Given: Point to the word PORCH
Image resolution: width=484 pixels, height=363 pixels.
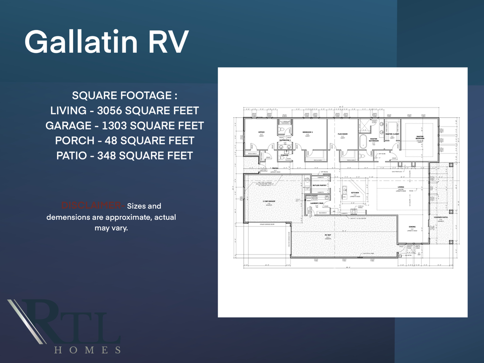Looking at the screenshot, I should click(x=74, y=141).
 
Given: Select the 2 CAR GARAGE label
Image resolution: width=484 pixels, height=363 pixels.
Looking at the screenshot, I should click(x=269, y=201).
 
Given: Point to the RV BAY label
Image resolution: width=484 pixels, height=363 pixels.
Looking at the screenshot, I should click(x=328, y=235).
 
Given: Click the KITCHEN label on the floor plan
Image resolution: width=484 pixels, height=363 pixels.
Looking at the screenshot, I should click(x=355, y=192).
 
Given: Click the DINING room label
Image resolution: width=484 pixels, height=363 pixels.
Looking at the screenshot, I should click(x=412, y=226).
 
